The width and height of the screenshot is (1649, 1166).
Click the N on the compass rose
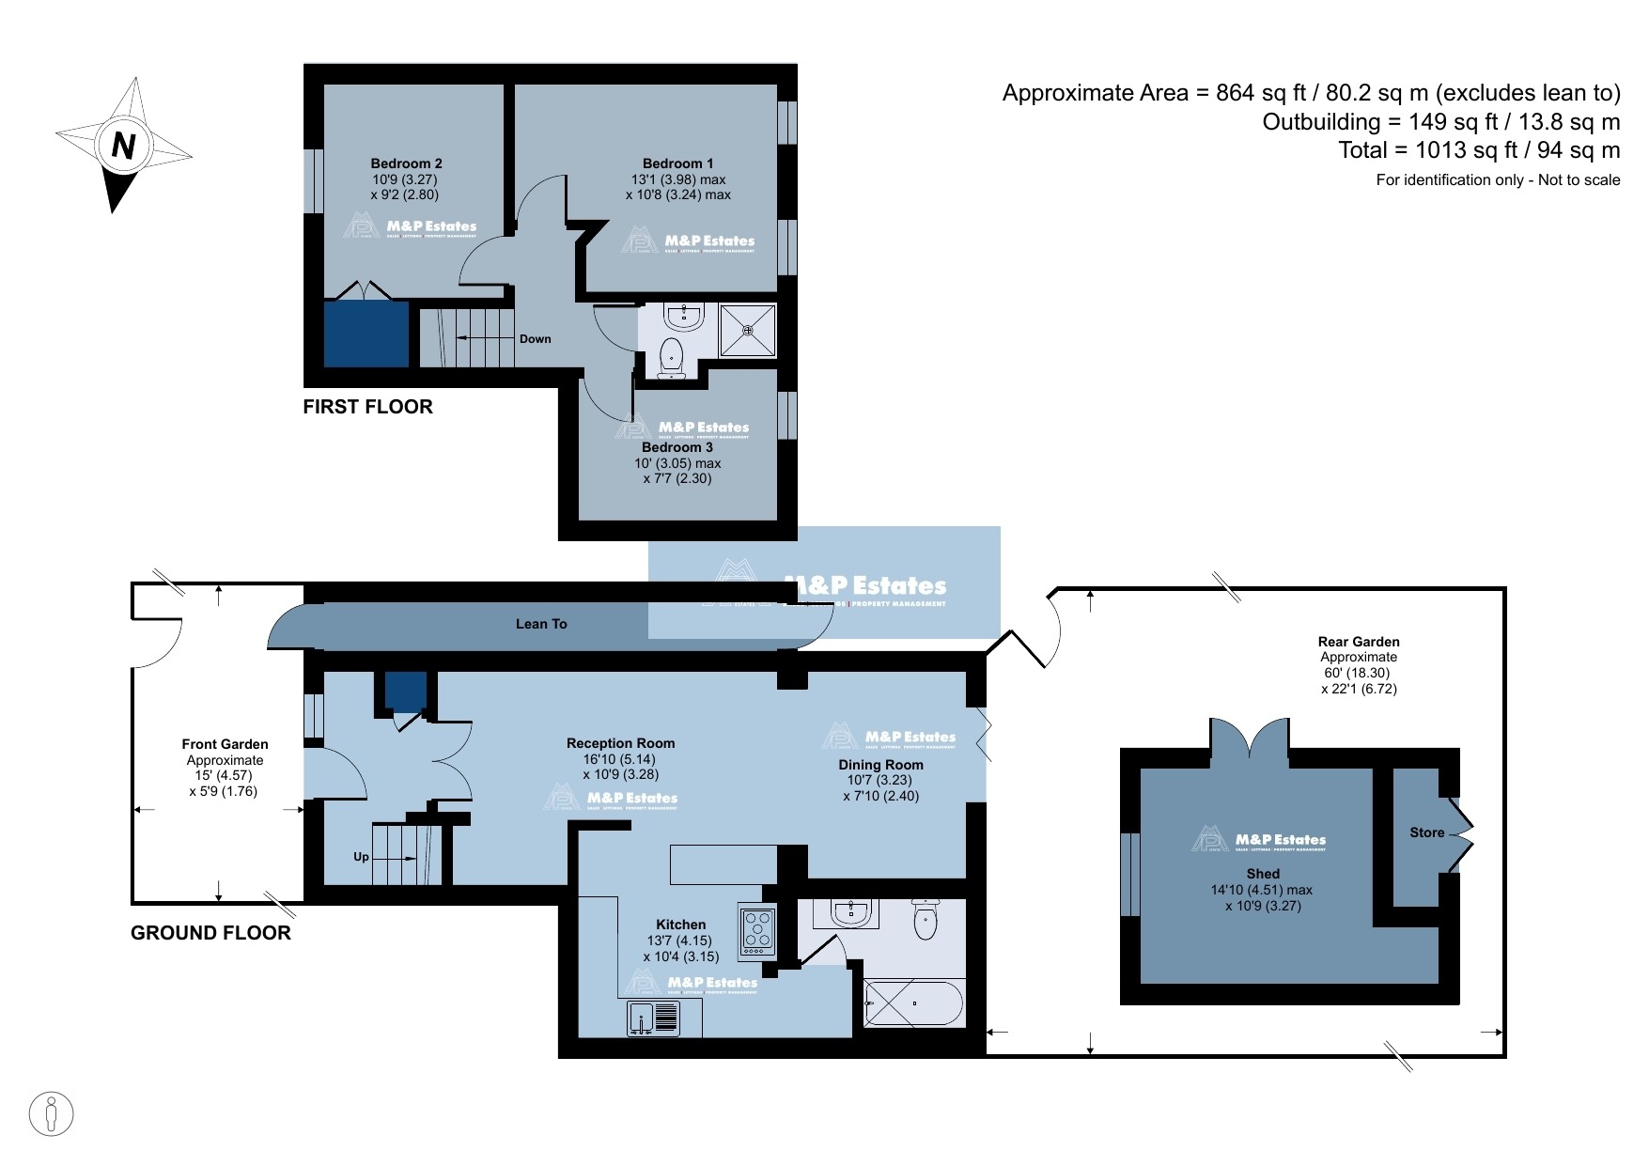tap(123, 145)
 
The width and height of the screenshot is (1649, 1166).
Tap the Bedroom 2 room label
tap(406, 163)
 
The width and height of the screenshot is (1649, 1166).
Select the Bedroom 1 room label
tap(677, 163)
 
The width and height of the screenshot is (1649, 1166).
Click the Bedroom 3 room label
tap(677, 447)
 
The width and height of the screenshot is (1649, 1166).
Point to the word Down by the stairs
tap(535, 339)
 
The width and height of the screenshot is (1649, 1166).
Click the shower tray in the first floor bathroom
tap(748, 330)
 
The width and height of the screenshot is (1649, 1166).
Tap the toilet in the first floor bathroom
tap(671, 356)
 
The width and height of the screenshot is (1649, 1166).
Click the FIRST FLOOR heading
tap(367, 407)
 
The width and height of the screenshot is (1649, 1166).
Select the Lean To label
tap(541, 624)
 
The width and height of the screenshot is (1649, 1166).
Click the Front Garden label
tap(225, 744)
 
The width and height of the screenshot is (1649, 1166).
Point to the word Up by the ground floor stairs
tap(361, 857)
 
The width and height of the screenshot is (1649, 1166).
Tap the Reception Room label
tap(620, 743)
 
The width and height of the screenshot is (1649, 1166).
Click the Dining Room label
tap(880, 765)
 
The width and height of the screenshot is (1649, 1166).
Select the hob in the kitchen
tap(757, 930)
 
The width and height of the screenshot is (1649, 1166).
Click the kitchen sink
tap(653, 1018)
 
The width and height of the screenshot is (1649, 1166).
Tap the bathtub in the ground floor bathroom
tap(913, 1003)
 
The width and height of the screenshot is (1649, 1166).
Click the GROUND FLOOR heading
tap(210, 933)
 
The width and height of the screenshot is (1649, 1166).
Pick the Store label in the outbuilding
tap(1426, 832)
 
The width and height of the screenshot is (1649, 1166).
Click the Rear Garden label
tap(1358, 642)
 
